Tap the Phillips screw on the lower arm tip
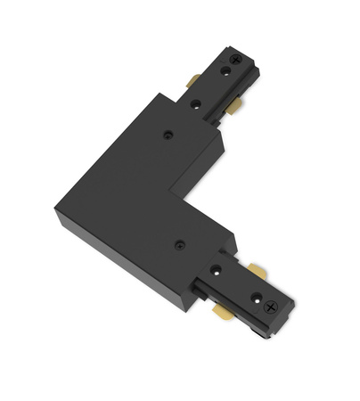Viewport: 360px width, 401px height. coord(273,307)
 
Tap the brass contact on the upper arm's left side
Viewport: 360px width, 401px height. coord(193,81)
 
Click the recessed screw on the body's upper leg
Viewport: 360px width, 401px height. coord(168,135)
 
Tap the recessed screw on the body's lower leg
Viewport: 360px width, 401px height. coord(179,242)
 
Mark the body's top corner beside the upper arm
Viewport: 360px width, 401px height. coord(161,93)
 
